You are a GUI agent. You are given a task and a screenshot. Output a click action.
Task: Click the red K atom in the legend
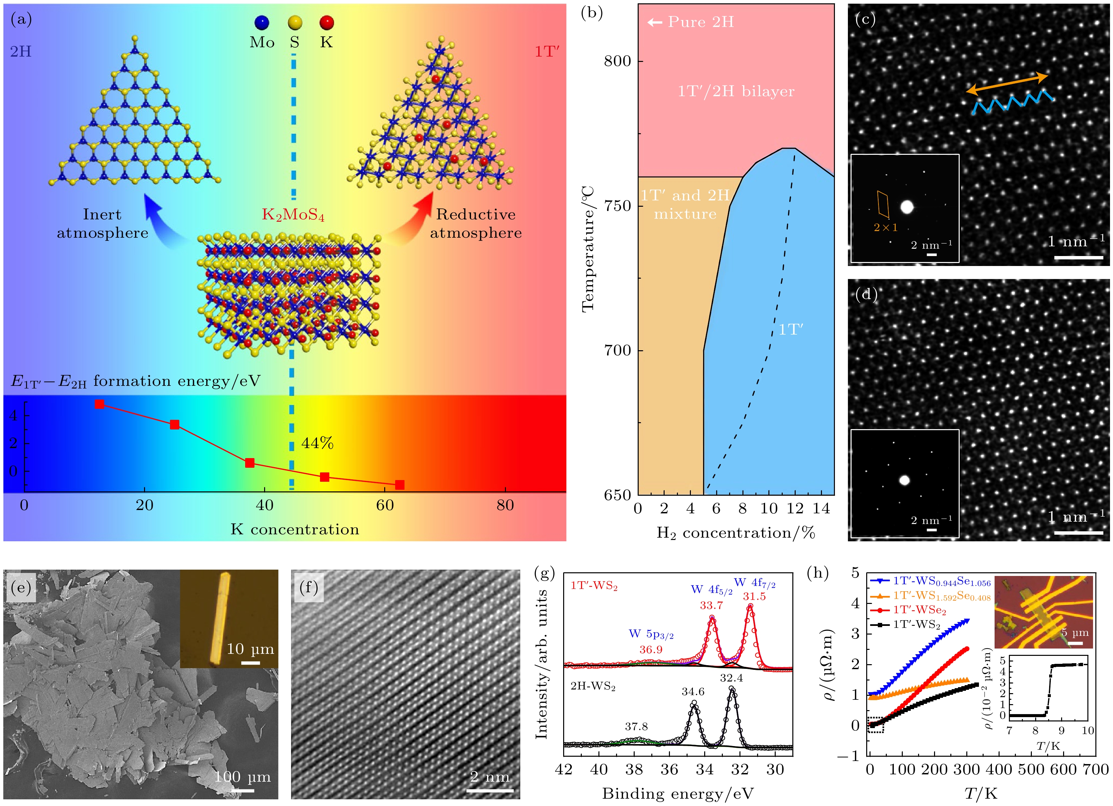click(x=326, y=23)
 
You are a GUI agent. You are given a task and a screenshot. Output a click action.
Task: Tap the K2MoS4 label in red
click(x=293, y=215)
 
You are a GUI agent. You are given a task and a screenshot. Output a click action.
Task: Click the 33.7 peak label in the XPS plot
click(x=711, y=605)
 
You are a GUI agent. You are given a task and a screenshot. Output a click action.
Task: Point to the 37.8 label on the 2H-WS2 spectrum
click(x=636, y=726)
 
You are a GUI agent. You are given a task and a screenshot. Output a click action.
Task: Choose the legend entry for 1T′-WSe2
click(x=919, y=610)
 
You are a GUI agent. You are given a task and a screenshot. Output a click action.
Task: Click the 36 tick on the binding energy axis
click(x=669, y=770)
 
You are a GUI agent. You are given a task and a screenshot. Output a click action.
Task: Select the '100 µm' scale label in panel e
click(x=242, y=777)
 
